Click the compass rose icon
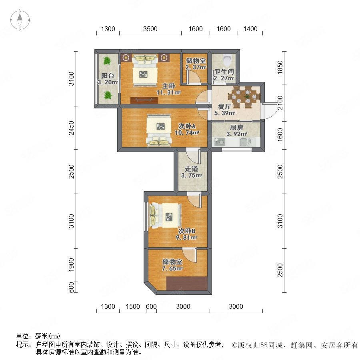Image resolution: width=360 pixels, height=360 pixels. coord(20,20)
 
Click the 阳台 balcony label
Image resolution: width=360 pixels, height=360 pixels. coord(108,76)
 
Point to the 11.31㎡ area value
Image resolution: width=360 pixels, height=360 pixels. coord(169,92)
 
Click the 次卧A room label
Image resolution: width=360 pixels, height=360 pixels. coord(187,126)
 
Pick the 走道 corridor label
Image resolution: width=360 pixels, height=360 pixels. coord(192,169)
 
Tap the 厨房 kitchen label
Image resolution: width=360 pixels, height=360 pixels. coord(236,128)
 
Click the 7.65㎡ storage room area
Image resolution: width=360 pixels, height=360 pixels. coord(172,268)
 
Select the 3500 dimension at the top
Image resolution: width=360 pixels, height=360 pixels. coord(150,29)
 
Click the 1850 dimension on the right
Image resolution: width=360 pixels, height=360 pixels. coord(280,67)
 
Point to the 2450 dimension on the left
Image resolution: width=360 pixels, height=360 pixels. coord(72,128)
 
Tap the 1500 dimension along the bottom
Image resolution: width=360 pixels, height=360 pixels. coord(133,306)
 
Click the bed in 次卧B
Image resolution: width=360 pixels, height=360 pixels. coord(165,216)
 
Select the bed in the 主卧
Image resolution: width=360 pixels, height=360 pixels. coord(145,70)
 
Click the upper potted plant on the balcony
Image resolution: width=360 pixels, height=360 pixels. coord(107,61)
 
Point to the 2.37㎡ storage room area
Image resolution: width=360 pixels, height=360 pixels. coord(196,67)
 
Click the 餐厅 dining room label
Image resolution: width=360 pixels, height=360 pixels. coord(224,106)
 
